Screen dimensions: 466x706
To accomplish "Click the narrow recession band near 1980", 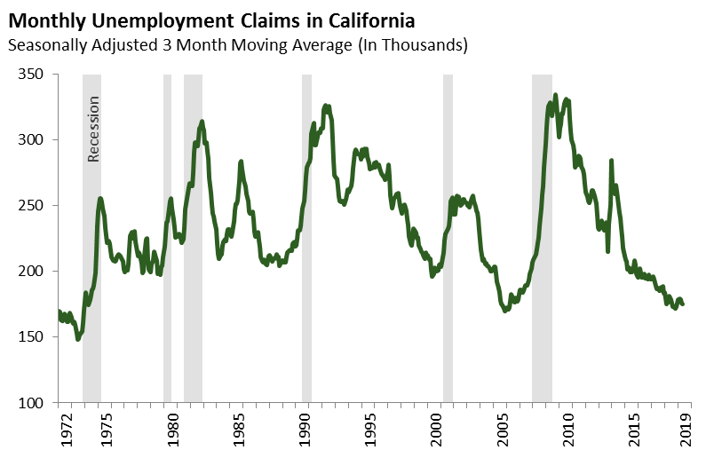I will pyautogui.click(x=167, y=240).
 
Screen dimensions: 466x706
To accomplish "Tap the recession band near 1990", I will pyautogui.click(x=306, y=240).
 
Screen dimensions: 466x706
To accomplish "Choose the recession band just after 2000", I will pyautogui.click(x=448, y=240).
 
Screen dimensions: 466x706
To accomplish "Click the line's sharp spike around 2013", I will pyautogui.click(x=611, y=162).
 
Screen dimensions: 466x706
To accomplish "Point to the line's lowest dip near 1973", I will pyautogui.click(x=78, y=338).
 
